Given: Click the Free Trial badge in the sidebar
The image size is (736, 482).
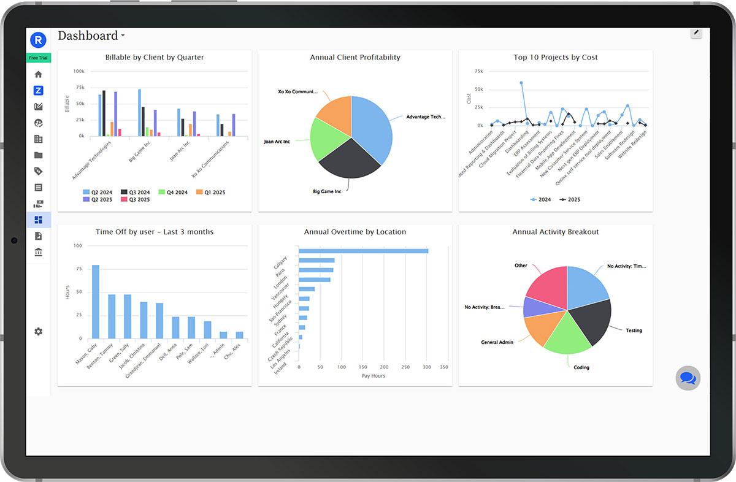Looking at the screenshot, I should [39, 58].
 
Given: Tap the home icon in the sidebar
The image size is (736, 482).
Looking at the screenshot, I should [39, 74].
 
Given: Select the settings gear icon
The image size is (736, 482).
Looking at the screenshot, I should [39, 331].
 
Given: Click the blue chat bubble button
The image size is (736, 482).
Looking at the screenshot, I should [688, 378].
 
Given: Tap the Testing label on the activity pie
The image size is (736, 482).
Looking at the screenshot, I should [634, 331].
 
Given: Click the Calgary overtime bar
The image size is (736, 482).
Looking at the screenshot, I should [363, 251].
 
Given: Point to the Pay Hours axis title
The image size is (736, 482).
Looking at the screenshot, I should [373, 376].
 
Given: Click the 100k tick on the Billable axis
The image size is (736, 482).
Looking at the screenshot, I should [79, 71].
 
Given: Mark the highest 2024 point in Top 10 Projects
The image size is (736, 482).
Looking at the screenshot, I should [521, 83].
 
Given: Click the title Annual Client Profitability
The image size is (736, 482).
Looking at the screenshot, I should [355, 58].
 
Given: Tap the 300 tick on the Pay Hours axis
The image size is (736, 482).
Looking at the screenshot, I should [426, 367].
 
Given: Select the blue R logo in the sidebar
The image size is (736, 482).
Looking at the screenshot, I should [39, 40].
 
